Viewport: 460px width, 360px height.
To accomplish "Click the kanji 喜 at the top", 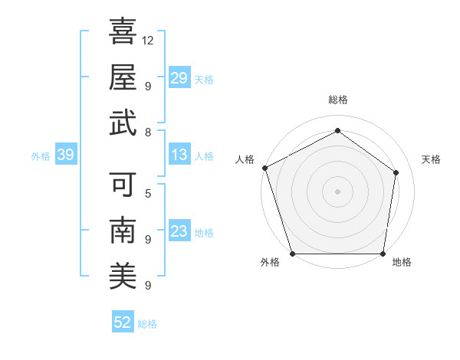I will (x=123, y=32).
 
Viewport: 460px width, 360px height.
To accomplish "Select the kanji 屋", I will (x=123, y=77).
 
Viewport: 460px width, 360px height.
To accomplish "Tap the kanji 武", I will (x=123, y=123).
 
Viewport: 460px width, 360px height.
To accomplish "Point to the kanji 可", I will (x=123, y=185).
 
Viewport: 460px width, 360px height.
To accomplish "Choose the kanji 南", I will (x=123, y=231).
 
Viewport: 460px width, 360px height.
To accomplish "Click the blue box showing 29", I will (x=179, y=77).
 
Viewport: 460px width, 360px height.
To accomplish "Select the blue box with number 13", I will (x=179, y=155).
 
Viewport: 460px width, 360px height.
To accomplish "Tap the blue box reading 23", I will (x=179, y=231).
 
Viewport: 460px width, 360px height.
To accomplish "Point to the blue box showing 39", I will (x=65, y=155).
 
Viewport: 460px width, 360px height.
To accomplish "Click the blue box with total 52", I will (x=123, y=322).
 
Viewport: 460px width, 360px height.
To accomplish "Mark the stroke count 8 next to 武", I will (x=147, y=132).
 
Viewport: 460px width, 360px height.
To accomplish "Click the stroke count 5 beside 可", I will (x=147, y=193).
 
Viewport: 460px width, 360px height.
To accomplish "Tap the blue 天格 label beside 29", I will (x=204, y=79).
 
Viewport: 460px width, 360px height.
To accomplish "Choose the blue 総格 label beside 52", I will (x=147, y=324).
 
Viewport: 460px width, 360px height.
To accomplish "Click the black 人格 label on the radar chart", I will (x=245, y=159).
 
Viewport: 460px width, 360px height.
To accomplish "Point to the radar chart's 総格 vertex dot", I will (x=337, y=130).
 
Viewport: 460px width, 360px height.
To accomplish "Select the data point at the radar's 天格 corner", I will (x=396, y=172).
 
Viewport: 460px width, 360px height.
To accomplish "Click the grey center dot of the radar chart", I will (x=337, y=191).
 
